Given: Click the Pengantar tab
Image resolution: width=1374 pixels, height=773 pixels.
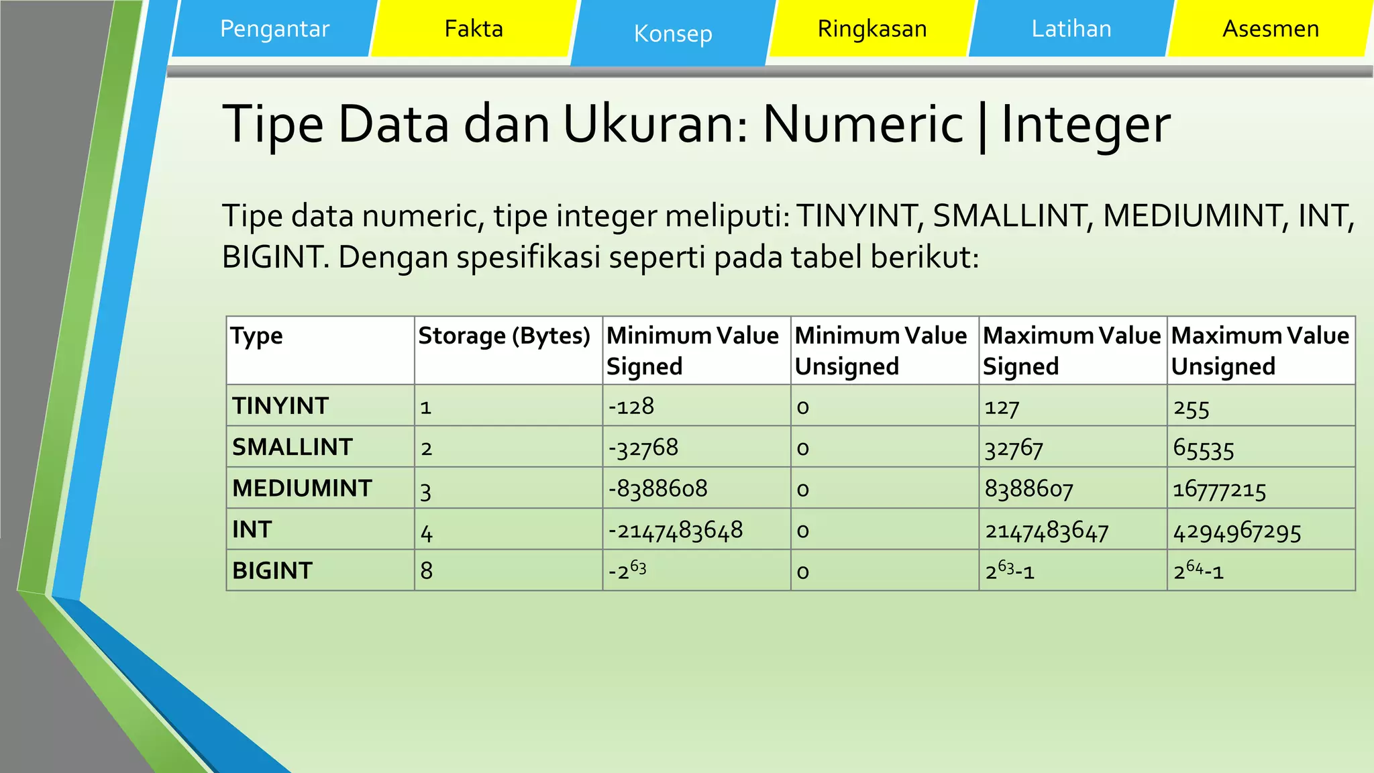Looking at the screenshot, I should (274, 29).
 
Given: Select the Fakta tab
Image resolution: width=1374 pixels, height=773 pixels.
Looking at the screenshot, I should (474, 29).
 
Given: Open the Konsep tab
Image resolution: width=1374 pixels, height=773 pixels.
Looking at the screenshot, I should (673, 34).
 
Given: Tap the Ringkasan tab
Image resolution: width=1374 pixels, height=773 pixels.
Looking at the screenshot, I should (872, 29).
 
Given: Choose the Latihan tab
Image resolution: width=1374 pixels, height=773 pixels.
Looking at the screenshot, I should (1071, 29).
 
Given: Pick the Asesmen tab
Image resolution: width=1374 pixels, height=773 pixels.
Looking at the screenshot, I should (1271, 29).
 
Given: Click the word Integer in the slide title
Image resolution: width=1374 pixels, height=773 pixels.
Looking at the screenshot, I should (1086, 125).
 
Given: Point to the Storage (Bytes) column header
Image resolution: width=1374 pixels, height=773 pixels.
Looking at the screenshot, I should (505, 336).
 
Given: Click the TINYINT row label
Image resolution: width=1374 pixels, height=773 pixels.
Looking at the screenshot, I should (280, 406).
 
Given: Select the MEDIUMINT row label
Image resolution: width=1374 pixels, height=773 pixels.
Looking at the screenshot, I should (302, 488).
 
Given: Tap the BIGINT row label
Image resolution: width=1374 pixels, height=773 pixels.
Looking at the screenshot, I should (272, 571).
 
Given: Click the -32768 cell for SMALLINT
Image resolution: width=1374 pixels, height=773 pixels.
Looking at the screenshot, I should (643, 448).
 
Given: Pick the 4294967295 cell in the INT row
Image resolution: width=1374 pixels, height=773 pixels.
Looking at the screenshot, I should (1237, 532).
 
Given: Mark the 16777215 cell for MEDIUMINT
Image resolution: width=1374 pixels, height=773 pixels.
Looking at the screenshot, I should (1219, 490).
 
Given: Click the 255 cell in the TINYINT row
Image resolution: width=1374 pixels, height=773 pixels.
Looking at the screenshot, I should (1192, 408).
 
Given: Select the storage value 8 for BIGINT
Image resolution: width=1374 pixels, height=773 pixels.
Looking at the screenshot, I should (427, 571).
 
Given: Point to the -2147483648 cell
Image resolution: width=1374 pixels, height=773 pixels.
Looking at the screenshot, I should (676, 531).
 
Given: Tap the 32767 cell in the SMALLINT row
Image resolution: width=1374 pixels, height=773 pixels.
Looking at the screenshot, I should (1014, 448).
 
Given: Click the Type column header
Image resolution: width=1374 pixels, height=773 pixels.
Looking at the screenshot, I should (257, 336).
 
